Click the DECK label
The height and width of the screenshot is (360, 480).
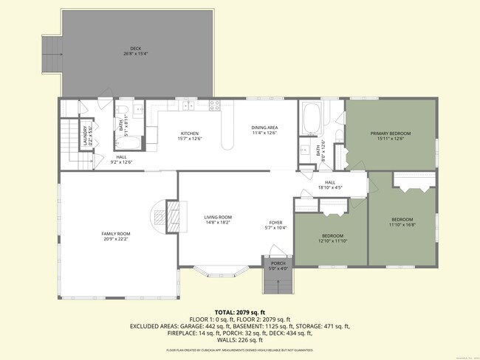click(x=135, y=49)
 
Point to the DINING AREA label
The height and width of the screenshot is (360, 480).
click(x=264, y=128)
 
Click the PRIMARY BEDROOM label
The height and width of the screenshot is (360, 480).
click(x=390, y=133)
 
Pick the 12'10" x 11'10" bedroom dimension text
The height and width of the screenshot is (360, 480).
click(x=332, y=240)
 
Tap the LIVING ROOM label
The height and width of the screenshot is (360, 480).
click(x=218, y=216)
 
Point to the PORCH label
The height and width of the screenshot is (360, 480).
click(x=278, y=263)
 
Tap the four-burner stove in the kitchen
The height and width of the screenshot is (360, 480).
click(x=215, y=105)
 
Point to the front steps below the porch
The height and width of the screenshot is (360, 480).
click(x=278, y=281)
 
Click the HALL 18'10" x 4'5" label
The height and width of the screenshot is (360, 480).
click(x=329, y=185)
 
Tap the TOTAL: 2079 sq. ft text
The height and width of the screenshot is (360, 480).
click(x=240, y=313)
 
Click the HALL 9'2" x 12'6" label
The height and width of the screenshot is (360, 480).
click(x=121, y=159)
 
